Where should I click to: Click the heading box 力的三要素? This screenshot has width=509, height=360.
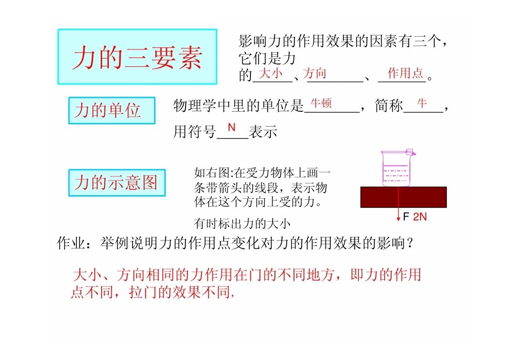point(137,57)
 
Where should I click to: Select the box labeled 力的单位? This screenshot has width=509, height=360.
point(112,110)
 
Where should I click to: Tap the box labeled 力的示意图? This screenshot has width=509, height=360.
point(117,182)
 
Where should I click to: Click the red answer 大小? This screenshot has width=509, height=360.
point(271,73)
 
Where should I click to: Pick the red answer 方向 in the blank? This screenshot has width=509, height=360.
point(314,73)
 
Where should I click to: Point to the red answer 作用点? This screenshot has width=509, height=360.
point(406,73)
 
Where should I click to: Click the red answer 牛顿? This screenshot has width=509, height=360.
point(321,104)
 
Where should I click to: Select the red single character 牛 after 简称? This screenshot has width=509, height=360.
point(422,104)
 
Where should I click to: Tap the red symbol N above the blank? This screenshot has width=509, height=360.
point(231,128)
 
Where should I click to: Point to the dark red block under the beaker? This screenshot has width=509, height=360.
point(403,197)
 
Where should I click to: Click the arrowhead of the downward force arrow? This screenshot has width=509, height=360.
point(398,220)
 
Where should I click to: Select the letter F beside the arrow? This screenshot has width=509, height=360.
point(406,217)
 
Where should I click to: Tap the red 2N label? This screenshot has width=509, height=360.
point(420,217)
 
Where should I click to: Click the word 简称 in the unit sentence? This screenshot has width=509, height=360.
point(389,106)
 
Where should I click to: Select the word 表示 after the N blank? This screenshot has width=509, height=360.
point(263,132)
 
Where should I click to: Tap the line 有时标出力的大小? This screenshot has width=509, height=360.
point(242,223)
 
